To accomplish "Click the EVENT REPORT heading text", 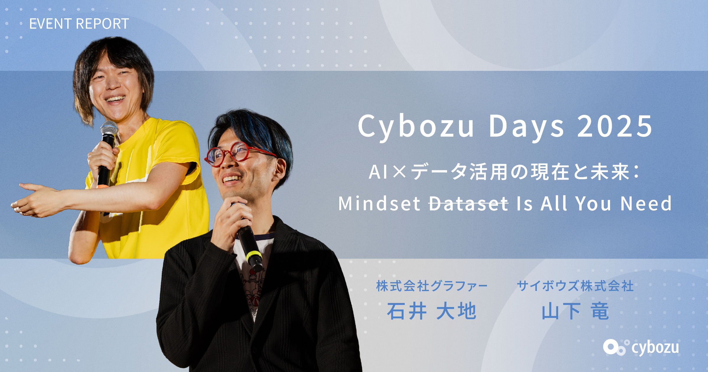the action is (x=79, y=24).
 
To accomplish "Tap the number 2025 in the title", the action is (x=615, y=126).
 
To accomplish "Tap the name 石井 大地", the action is (x=432, y=311).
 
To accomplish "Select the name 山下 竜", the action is (x=575, y=311).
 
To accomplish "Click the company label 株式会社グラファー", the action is (x=432, y=286).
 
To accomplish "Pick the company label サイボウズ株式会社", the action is (x=575, y=286).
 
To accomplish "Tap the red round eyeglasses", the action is (x=236, y=154).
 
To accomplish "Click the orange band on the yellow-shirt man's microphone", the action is (x=103, y=186).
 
